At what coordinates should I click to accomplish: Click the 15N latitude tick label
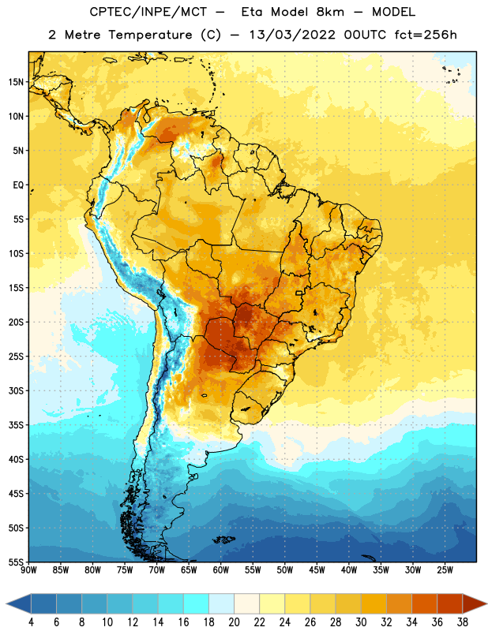point(16,82)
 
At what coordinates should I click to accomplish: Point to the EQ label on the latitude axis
point(18,185)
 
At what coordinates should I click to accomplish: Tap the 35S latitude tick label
point(16,425)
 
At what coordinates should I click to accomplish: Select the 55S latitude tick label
point(16,562)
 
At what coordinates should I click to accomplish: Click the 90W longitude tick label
point(28,569)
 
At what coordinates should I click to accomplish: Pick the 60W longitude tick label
point(221,569)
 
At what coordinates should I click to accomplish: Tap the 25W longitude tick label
point(445,569)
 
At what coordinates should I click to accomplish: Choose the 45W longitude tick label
point(317,569)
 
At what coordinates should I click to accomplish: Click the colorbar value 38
point(463,622)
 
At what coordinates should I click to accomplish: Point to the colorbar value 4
point(31,622)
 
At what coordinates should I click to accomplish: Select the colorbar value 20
point(234,622)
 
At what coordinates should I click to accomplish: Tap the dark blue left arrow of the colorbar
point(18,603)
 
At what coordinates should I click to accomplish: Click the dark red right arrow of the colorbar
point(475,603)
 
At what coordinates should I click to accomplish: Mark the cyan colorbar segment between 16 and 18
point(196,603)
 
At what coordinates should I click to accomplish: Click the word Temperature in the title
point(150,35)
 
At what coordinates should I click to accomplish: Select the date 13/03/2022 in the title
point(292,35)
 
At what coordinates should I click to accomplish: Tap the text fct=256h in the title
point(426,35)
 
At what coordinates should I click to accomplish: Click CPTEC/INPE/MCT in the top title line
point(148,12)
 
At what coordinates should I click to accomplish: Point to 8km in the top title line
point(330,12)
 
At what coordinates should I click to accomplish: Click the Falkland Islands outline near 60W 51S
point(224,540)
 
